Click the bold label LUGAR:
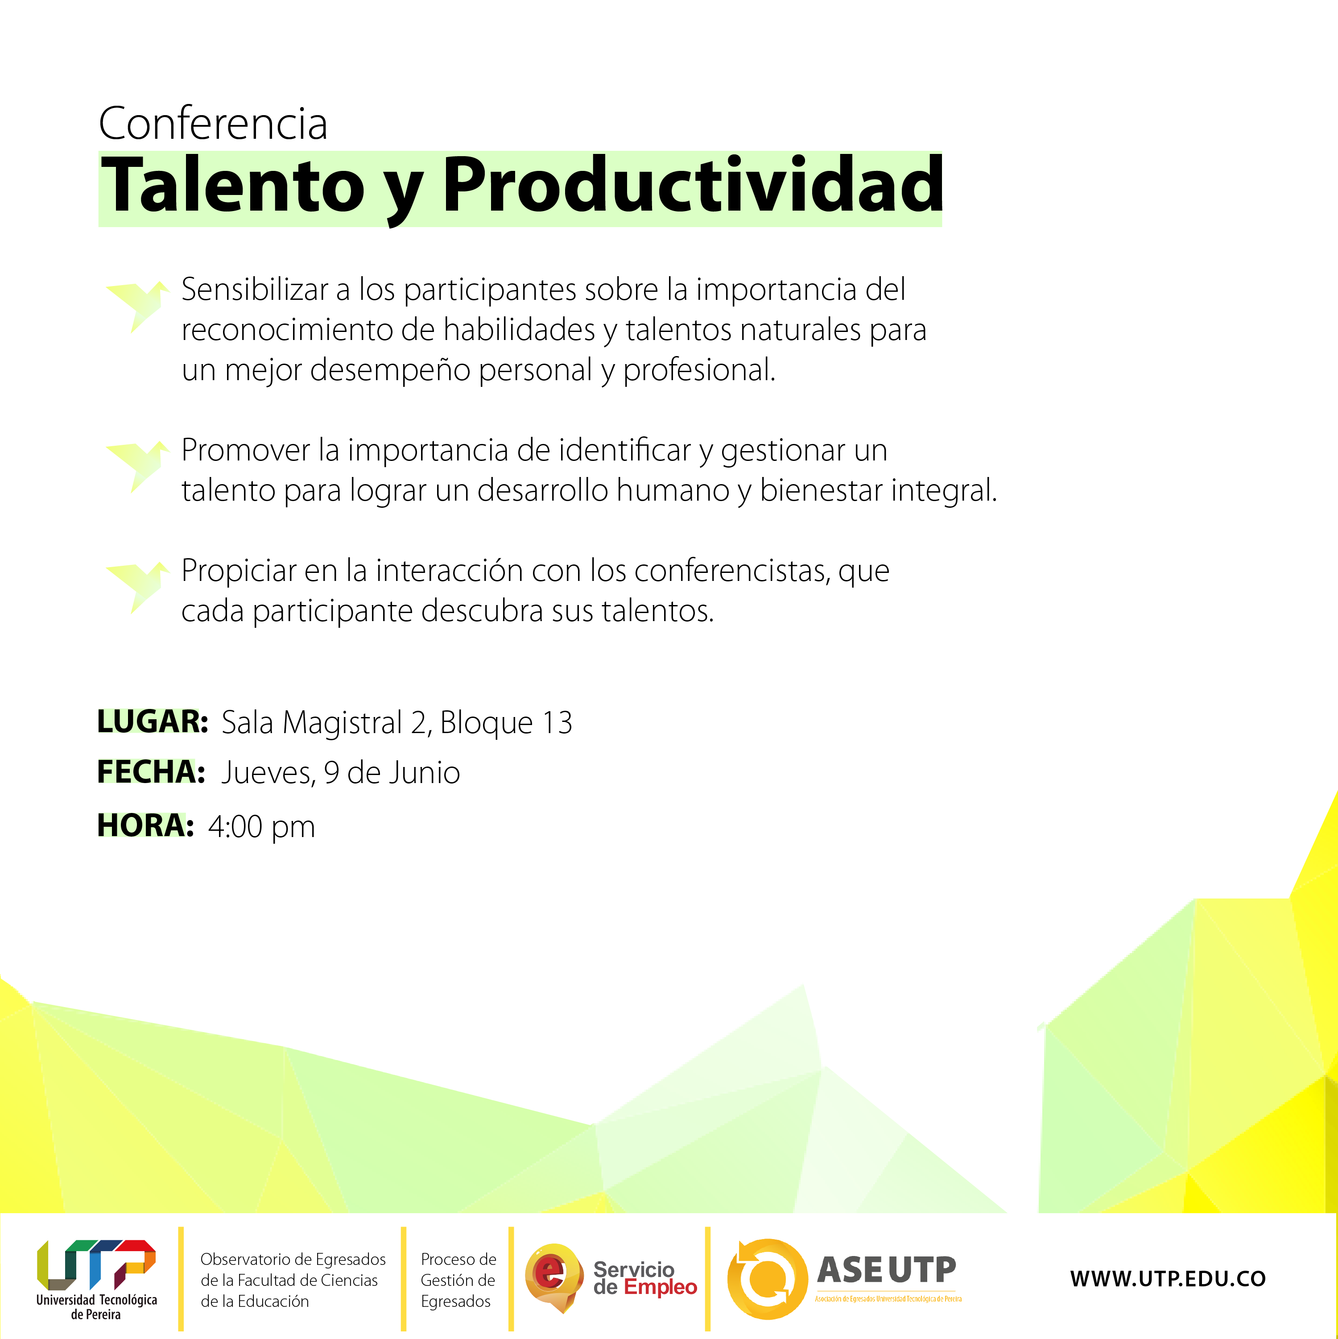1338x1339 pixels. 153,721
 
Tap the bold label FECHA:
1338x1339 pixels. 151,772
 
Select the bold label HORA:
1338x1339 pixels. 145,825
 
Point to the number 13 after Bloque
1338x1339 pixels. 557,723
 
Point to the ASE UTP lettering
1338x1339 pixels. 887,1270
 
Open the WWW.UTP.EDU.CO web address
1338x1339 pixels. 1168,1279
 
